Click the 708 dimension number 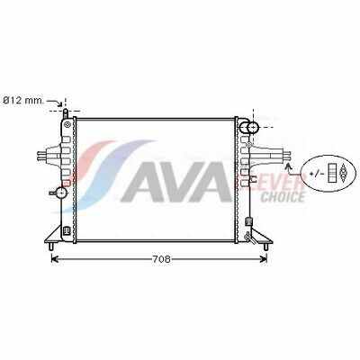coord(161,259)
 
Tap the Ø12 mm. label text coord(23,101)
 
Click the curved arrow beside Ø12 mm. coord(56,103)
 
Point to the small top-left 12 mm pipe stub coord(66,114)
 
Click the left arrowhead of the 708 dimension coord(55,258)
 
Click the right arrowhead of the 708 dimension coord(264,258)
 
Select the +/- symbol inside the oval coord(315,173)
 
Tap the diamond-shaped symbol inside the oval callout coord(343,173)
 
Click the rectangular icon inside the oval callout coord(332,173)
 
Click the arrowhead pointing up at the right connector coord(289,166)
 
